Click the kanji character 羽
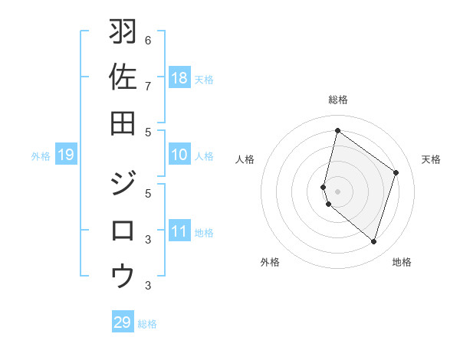(x=123, y=32)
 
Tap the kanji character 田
(x=123, y=123)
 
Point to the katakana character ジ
(x=123, y=185)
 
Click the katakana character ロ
(x=123, y=231)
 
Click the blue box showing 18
(x=179, y=77)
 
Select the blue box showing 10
(x=179, y=155)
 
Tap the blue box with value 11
(x=179, y=231)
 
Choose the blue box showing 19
(x=66, y=155)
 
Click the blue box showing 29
(x=123, y=322)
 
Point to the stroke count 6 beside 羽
(x=148, y=40)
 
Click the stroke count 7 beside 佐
(x=148, y=85)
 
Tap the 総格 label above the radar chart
(x=337, y=100)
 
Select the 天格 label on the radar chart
(x=431, y=159)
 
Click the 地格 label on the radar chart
(x=402, y=262)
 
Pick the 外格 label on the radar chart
(x=270, y=262)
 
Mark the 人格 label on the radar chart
(x=245, y=159)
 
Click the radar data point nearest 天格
(x=396, y=172)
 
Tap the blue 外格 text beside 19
(x=41, y=156)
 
